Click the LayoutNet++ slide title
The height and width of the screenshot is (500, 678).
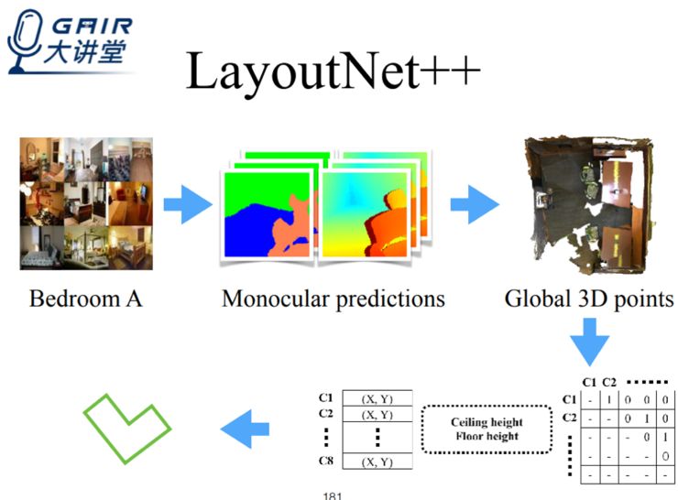point(334,71)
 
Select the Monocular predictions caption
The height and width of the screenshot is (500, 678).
point(334,299)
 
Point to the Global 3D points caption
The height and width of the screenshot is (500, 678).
point(589,299)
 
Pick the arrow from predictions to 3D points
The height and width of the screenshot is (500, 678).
point(475,204)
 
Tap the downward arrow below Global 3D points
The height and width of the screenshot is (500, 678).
point(588,342)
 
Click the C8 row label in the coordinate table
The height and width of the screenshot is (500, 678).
point(325,462)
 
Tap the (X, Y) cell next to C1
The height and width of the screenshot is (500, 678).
point(378,398)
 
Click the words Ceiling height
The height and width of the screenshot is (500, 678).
point(487,422)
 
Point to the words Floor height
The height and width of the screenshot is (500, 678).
point(487,437)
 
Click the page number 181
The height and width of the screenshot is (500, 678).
point(332,495)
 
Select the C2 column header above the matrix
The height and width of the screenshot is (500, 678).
point(610,382)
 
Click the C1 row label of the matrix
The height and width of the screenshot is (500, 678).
point(568,399)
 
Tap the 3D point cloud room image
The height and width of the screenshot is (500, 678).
point(590,202)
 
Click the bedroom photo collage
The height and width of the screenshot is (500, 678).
point(86,203)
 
